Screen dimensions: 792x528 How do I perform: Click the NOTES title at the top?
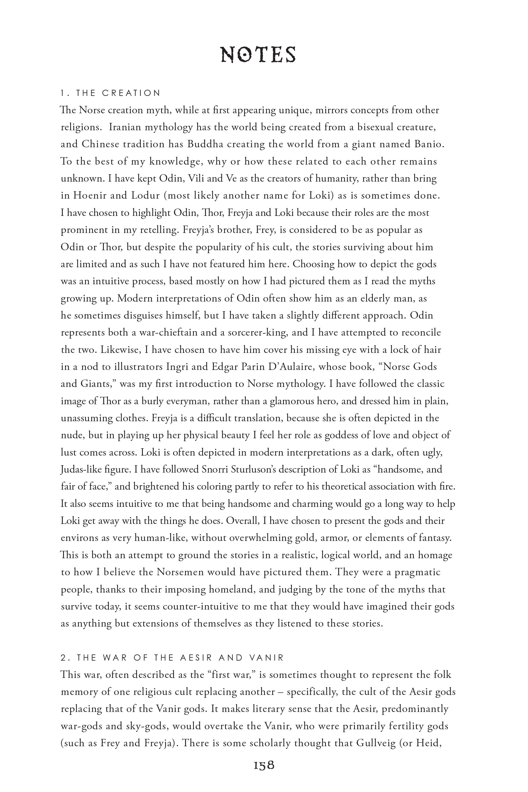tap(258, 55)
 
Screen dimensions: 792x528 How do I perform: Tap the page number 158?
tap(264, 765)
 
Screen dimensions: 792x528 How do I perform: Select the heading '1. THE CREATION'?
tap(111, 93)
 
